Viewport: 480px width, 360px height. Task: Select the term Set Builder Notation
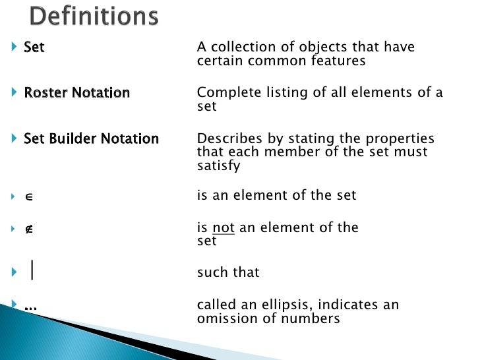(91, 139)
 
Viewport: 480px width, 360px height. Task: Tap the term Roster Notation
(76, 93)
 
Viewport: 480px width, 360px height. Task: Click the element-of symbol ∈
(28, 196)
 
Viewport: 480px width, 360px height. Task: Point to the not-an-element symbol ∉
(28, 228)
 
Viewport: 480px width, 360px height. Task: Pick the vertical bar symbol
(32, 271)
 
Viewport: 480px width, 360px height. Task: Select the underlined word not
(223, 228)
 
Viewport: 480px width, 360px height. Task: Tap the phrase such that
(228, 272)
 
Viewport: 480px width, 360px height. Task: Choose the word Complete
(225, 93)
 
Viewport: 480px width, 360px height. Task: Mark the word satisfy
(218, 165)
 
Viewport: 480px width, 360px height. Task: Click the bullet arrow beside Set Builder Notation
(15, 139)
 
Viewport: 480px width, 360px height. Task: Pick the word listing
(285, 93)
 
